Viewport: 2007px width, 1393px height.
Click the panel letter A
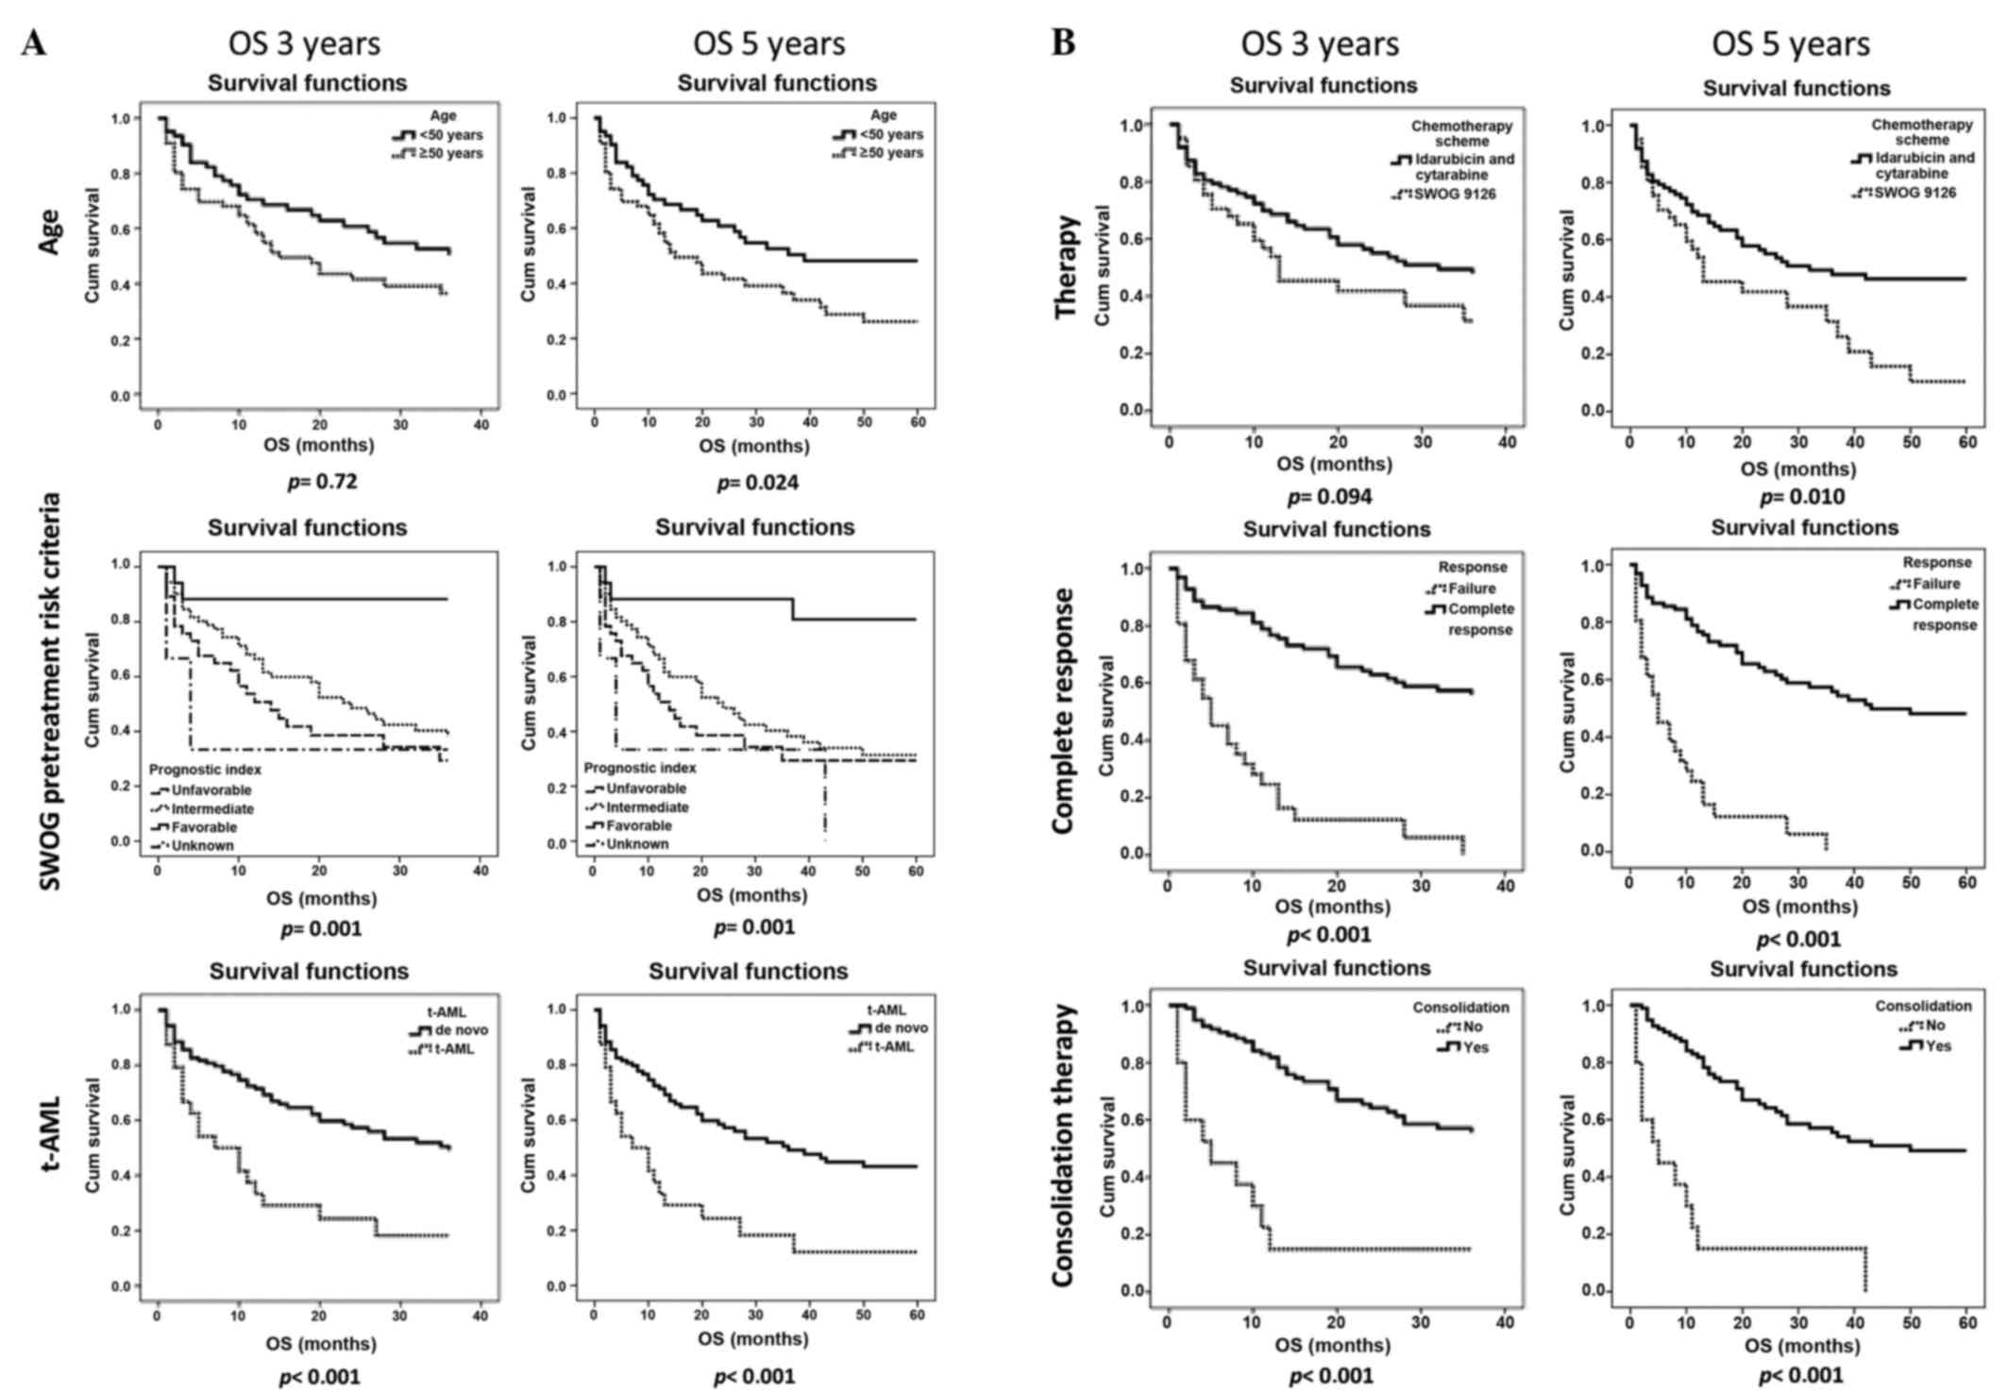pyautogui.click(x=33, y=42)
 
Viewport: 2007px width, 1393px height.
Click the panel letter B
pyautogui.click(x=1063, y=42)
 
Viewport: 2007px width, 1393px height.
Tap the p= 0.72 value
pyautogui.click(x=322, y=483)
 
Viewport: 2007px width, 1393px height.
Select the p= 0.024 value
pyautogui.click(x=757, y=483)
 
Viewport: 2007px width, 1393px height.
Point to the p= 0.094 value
pyautogui.click(x=1329, y=497)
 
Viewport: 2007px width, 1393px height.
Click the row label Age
pyautogui.click(x=47, y=232)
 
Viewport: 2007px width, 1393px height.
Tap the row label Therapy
pyautogui.click(x=1066, y=266)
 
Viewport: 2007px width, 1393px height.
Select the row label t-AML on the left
pyautogui.click(x=47, y=1147)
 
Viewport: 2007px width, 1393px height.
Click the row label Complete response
pyautogui.click(x=1064, y=711)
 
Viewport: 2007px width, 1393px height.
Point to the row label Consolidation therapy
pyautogui.click(x=1064, y=1146)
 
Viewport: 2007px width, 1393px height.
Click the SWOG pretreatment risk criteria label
pyautogui.click(x=49, y=691)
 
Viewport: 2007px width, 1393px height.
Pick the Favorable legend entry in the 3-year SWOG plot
pyautogui.click(x=204, y=827)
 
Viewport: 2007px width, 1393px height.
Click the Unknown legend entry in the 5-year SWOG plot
pyautogui.click(x=637, y=844)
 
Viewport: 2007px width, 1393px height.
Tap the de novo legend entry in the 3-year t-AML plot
pyautogui.click(x=460, y=1029)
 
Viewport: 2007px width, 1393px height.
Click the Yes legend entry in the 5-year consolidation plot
pyautogui.click(x=1937, y=1045)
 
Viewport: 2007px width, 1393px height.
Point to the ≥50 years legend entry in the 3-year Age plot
pyautogui.click(x=450, y=153)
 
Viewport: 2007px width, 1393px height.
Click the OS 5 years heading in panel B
pyautogui.click(x=1790, y=44)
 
